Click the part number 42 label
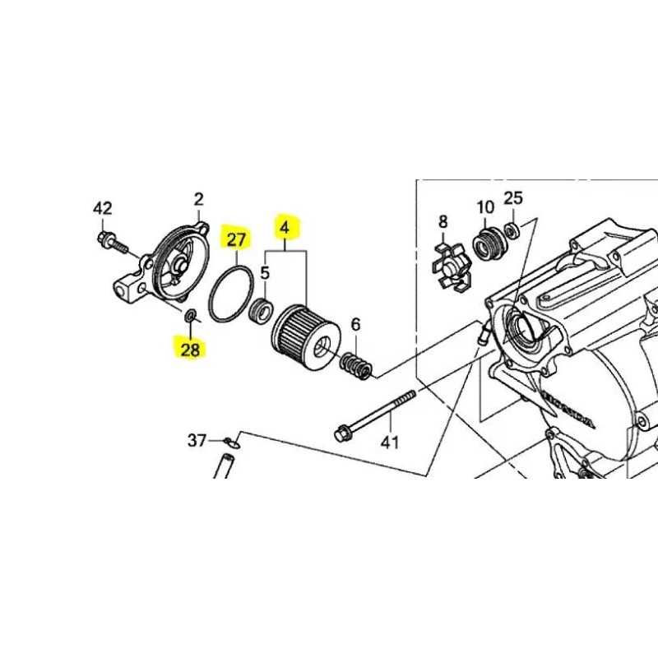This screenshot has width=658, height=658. [x=102, y=208]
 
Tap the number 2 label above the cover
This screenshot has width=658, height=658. [x=198, y=199]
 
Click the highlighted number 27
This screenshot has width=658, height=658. [x=237, y=240]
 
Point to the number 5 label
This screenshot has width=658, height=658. [x=265, y=271]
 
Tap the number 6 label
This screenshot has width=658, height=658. [x=355, y=324]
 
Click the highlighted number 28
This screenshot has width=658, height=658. [x=190, y=350]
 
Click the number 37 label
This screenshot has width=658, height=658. [x=197, y=442]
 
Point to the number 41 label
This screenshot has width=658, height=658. [x=388, y=443]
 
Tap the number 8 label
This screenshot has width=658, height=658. [x=443, y=221]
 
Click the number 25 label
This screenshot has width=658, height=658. [x=513, y=197]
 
